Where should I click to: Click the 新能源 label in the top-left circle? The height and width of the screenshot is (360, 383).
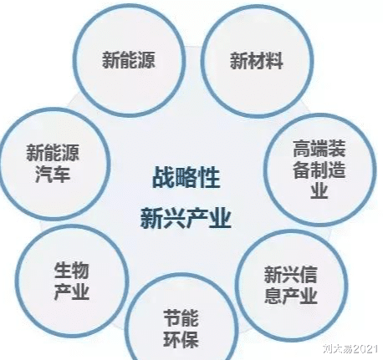tap(128, 59)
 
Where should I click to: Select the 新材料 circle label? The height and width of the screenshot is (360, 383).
tap(256, 61)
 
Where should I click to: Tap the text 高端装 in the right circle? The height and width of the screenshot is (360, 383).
tap(319, 149)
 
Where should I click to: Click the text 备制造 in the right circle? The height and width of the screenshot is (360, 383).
tap(319, 170)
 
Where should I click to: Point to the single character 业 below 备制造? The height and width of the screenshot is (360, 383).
tap(319, 190)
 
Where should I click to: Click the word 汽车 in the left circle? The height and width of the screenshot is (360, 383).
tap(53, 175)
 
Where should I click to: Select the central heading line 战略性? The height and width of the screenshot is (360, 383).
tap(186, 177)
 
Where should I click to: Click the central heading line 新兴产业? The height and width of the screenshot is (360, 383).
tap(186, 218)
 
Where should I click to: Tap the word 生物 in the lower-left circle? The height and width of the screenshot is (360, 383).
tap(72, 270)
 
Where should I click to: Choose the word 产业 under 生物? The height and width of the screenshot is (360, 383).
tap(72, 292)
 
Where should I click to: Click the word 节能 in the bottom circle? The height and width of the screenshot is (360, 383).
tap(181, 318)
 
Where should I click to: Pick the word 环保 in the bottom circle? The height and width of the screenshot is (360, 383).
tap(181, 339)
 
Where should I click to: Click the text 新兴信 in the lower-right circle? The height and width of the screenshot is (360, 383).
tap(290, 275)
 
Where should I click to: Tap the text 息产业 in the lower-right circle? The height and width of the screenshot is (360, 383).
tap(290, 296)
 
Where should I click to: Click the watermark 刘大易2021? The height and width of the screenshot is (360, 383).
tap(350, 348)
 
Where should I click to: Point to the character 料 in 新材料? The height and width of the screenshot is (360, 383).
tap(274, 61)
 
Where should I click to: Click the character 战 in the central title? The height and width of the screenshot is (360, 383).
tap(163, 177)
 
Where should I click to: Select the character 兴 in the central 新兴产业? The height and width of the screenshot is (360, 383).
tap(175, 218)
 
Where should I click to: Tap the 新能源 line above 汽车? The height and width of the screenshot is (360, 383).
tap(53, 152)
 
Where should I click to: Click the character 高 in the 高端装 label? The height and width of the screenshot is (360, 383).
tap(301, 149)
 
